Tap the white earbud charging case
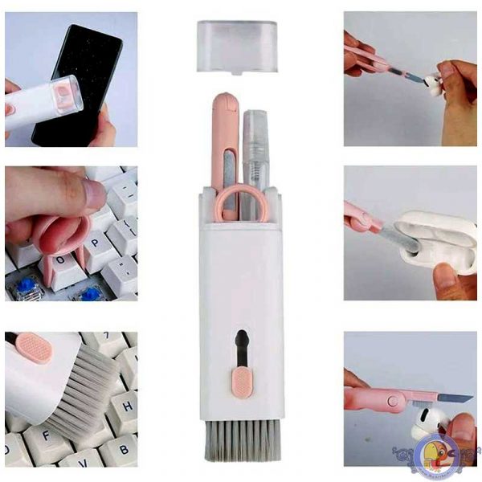pyautogui.click(x=438, y=241)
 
